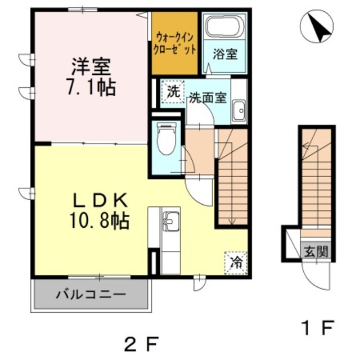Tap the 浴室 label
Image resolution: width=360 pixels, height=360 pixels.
pos(225,55)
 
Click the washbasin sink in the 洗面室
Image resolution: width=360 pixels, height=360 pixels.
pos(239,110)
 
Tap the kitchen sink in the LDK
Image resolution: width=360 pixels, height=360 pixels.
pos(170,220)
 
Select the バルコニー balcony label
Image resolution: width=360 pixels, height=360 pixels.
pos(91,294)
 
